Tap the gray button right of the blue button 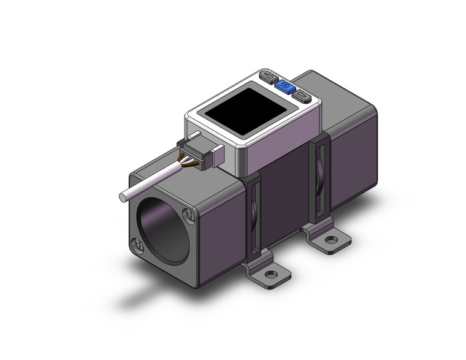301,95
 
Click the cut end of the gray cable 123,198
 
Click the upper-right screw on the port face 190,215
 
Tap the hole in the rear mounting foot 331,239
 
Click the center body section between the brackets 285,196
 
